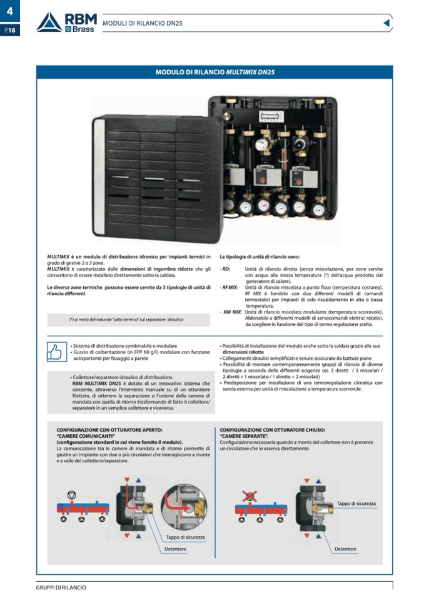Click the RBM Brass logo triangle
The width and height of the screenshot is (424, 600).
pyautogui.click(x=49, y=23)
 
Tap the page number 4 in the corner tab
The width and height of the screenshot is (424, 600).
pyautogui.click(x=9, y=9)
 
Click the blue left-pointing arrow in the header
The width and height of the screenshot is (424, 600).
pyautogui.click(x=386, y=23)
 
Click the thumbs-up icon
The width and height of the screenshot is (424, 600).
pyautogui.click(x=56, y=352)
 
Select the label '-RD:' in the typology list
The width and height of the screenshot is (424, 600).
pyautogui.click(x=226, y=269)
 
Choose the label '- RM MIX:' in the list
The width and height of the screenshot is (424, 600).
pyautogui.click(x=231, y=312)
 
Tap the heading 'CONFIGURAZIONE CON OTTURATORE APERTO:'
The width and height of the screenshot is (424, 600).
pyautogui.click(x=109, y=430)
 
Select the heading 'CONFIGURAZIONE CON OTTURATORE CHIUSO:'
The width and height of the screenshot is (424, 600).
pyautogui.click(x=272, y=430)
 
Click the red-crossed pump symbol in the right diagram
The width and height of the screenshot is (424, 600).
pyautogui.click(x=250, y=496)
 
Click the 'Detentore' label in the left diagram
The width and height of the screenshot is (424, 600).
pyautogui.click(x=176, y=549)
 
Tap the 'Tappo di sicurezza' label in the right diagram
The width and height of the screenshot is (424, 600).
pyautogui.click(x=356, y=504)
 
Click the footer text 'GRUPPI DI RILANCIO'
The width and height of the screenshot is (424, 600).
pyautogui.click(x=61, y=587)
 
